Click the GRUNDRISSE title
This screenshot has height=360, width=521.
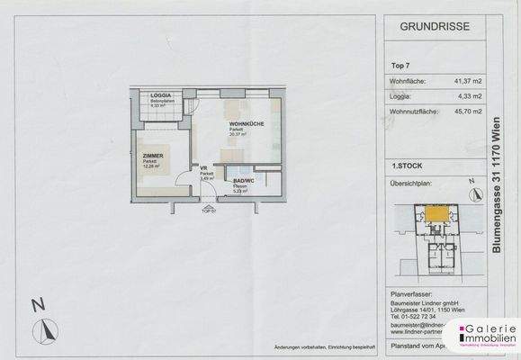pyautogui.click(x=432, y=27)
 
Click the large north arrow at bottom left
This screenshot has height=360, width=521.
pyautogui.click(x=40, y=328)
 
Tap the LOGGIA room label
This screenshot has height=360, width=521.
pyautogui.click(x=162, y=95)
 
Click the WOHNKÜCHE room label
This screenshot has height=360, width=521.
pyautogui.click(x=246, y=123)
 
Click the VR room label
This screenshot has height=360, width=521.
pyautogui.click(x=204, y=168)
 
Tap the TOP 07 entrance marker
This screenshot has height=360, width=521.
pyautogui.click(x=207, y=211)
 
